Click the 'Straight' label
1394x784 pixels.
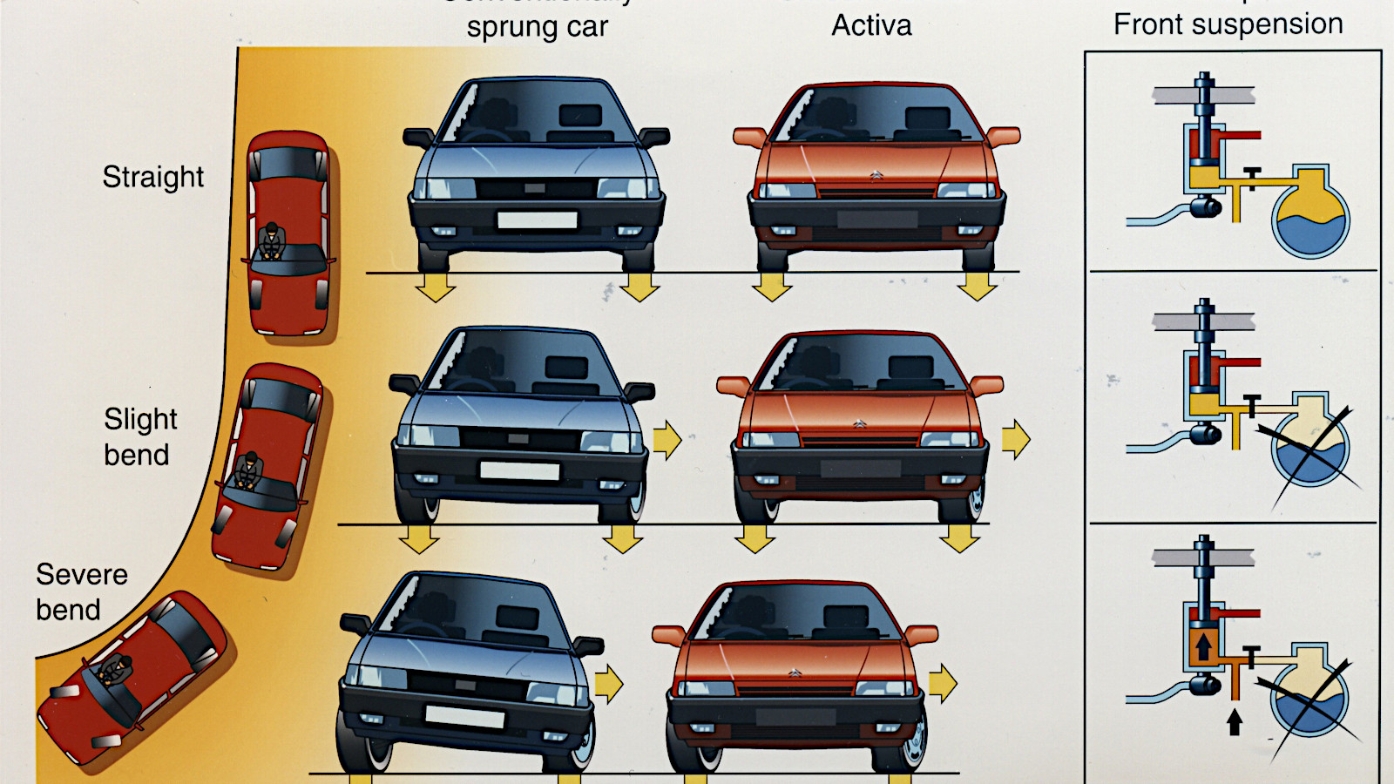pos(153,177)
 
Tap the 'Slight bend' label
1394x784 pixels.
pos(139,437)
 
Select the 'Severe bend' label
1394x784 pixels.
pos(81,592)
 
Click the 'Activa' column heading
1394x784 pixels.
pos(871,25)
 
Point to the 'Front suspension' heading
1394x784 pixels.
pos(1228,24)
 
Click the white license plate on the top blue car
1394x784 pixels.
pos(537,220)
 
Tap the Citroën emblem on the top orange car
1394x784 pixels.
pos(876,176)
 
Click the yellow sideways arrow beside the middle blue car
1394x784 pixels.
pos(667,440)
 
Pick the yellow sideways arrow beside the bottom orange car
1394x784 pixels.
pos(943,683)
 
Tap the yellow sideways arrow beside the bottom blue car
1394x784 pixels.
pos(609,684)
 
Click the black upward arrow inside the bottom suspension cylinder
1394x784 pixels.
pos(1203,646)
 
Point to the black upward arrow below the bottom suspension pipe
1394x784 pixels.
pos(1234,721)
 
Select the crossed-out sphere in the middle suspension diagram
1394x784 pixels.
pos(1310,446)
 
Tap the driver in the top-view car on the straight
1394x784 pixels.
pos(272,241)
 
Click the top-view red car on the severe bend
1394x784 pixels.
pos(131,679)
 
